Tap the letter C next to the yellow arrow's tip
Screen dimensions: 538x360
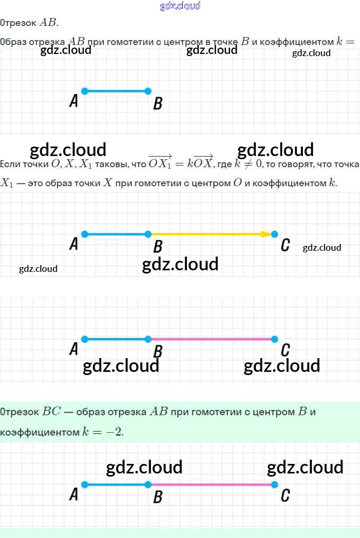pyautogui.click(x=285, y=245)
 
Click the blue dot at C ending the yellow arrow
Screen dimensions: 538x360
pyautogui.click(x=274, y=234)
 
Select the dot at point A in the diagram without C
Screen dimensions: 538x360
pyautogui.click(x=85, y=91)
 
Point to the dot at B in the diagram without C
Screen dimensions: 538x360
pyautogui.click(x=148, y=91)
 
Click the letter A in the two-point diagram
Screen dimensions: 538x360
pyautogui.click(x=74, y=101)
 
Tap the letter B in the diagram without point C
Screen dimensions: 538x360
pyautogui.click(x=157, y=104)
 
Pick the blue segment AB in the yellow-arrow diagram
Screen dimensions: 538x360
pyautogui.click(x=116, y=234)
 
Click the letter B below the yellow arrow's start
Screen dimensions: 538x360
pyautogui.click(x=157, y=247)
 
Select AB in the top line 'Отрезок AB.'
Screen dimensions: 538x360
pyautogui.click(x=48, y=23)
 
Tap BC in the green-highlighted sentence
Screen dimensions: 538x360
pyautogui.click(x=52, y=412)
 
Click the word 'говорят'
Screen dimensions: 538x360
pyautogui.click(x=295, y=165)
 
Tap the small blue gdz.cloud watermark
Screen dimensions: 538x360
pyautogui.click(x=180, y=6)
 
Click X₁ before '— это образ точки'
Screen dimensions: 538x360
pyautogui.click(x=6, y=184)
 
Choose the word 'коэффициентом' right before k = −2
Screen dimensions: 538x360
pyautogui.click(x=40, y=433)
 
